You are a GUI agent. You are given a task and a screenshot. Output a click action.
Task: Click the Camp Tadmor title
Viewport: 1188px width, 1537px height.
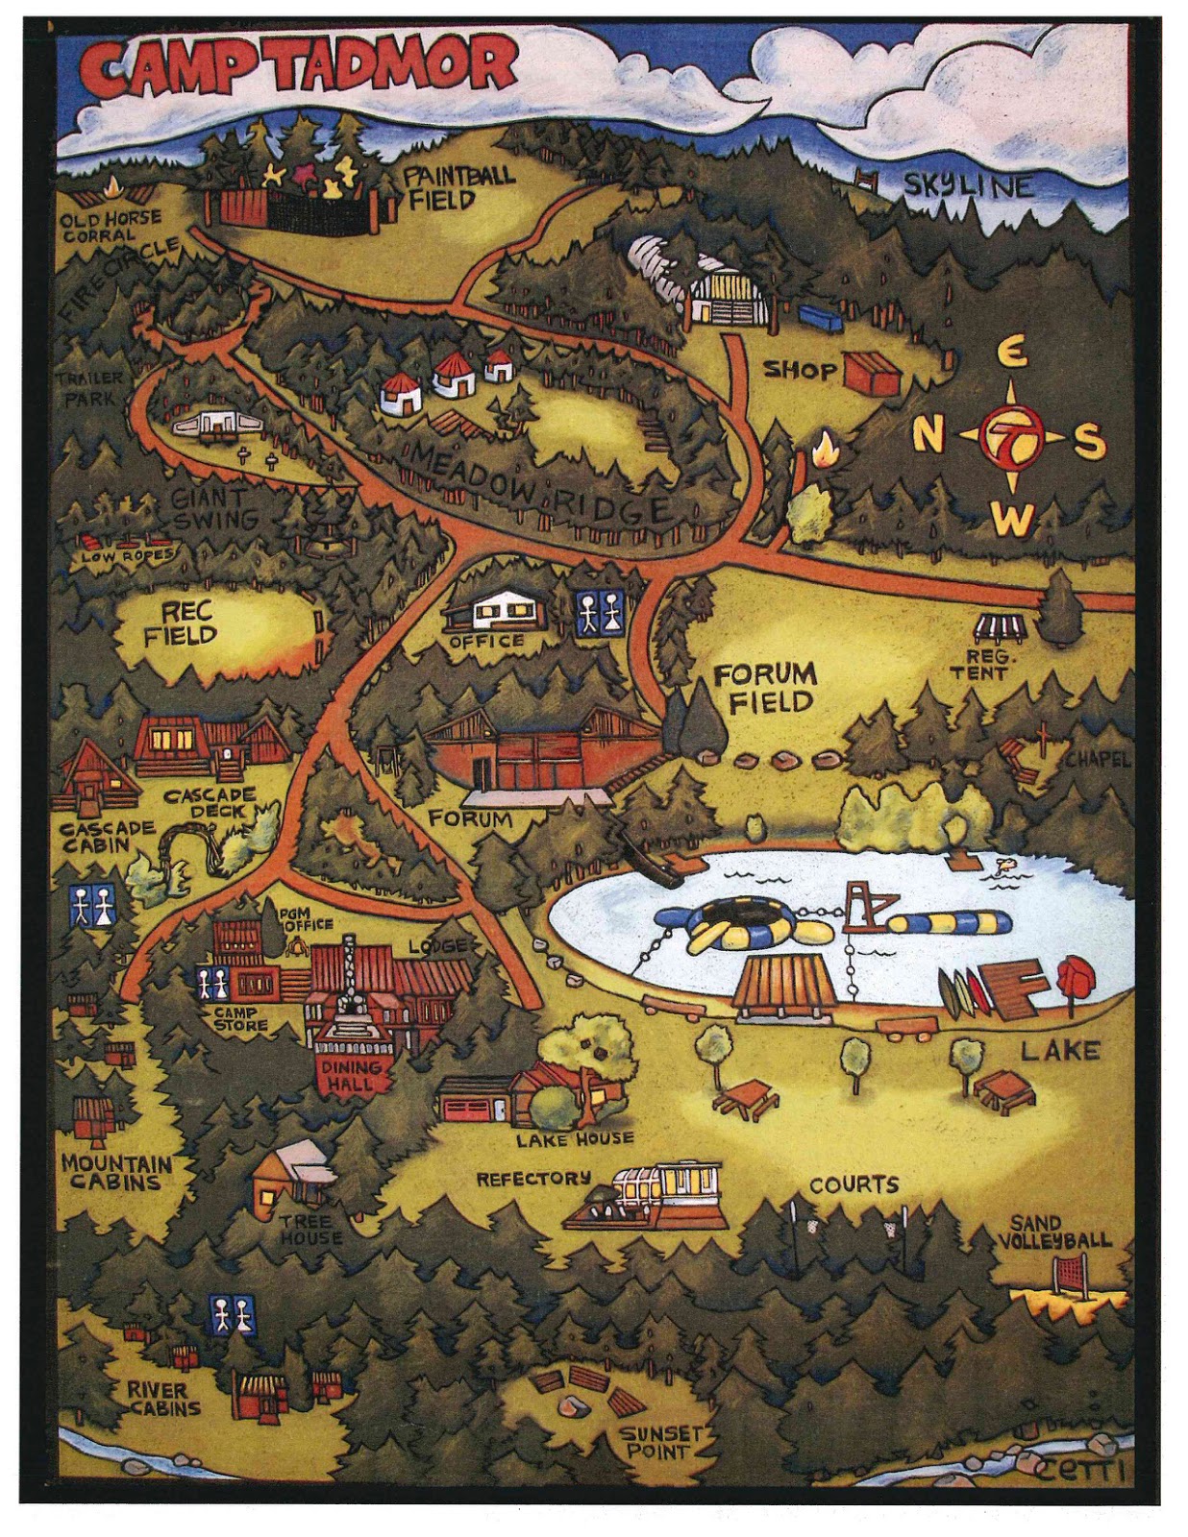tap(298, 69)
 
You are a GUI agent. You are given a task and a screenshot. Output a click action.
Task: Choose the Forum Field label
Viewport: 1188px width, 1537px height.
tap(764, 687)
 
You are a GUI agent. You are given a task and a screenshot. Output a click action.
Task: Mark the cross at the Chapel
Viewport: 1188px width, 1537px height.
tap(1044, 739)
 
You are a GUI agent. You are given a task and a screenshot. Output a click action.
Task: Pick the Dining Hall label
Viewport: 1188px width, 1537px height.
tap(351, 1075)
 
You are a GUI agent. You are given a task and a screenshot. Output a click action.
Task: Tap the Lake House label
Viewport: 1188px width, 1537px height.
tap(575, 1139)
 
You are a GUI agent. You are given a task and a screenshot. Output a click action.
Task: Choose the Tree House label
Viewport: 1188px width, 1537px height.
tap(310, 1230)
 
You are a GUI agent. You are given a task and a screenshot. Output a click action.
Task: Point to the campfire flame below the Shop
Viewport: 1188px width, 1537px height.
tap(824, 449)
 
